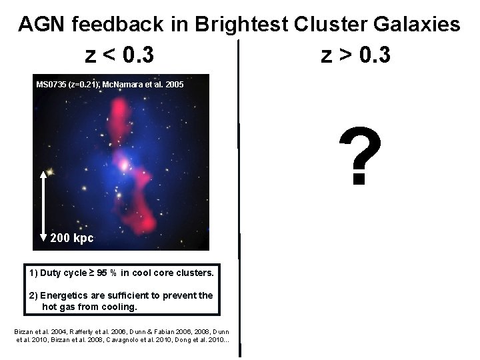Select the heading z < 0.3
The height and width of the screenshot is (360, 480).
coord(119,55)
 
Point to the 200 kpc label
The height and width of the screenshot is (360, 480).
coord(72,238)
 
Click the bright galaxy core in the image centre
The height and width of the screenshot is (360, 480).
coord(123,163)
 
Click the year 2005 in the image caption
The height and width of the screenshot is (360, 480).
coord(173,85)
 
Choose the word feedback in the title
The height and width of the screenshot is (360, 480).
coord(116,25)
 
